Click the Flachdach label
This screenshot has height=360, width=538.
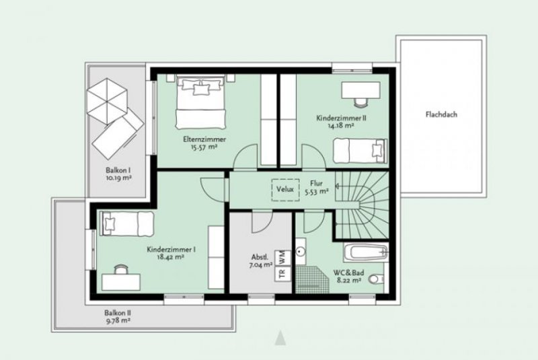tap(441, 114)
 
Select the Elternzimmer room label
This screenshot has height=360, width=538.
tap(204, 139)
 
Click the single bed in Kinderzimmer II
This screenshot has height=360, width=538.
tap(360, 150)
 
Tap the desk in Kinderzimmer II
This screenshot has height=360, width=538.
tap(356, 92)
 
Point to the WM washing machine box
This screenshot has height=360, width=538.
tap(282, 256)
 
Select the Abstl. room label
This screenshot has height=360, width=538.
tap(260, 256)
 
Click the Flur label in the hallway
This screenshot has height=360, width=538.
tap(316, 183)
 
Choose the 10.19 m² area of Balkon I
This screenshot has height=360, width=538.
tap(118, 180)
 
